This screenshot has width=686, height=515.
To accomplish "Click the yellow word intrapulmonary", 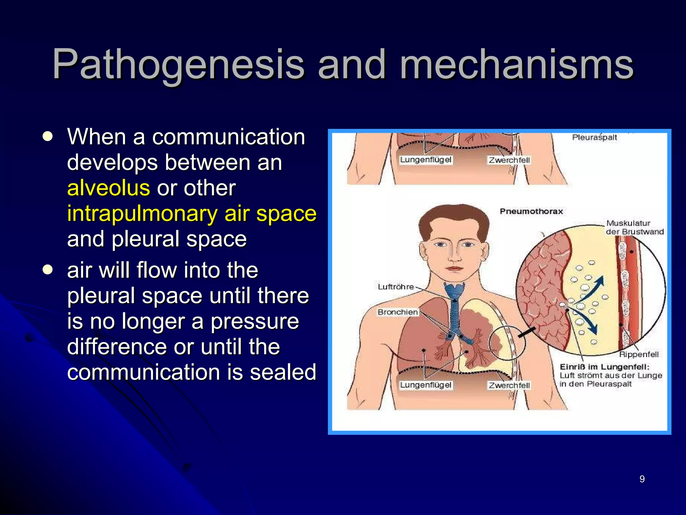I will point(142,214).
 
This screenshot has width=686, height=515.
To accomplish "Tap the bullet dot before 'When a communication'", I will point(48,136).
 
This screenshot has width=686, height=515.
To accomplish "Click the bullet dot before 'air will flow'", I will point(48,270).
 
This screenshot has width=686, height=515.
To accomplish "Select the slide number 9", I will point(642,479).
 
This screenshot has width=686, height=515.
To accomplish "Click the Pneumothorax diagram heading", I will point(531,211).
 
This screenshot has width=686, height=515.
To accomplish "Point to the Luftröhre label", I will point(396,287).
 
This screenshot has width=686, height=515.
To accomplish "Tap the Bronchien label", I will point(398,312).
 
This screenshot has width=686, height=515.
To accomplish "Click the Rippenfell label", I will point(638,354).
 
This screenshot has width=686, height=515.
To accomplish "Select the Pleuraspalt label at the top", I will point(595,137).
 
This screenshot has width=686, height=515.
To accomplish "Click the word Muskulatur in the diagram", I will point(628,223).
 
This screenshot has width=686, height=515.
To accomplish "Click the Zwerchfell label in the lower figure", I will point(509,385).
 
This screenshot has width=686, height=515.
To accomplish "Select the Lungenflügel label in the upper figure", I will point(426,160).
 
